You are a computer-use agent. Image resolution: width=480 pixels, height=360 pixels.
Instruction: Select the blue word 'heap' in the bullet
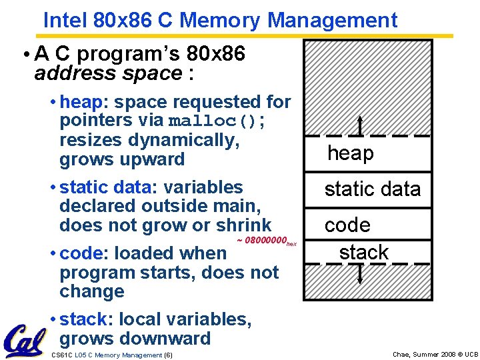coord(83,102)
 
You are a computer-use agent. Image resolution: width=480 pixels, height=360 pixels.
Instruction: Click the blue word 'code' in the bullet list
coord(81,253)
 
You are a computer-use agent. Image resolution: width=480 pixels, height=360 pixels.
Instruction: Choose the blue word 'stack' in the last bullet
coord(83,320)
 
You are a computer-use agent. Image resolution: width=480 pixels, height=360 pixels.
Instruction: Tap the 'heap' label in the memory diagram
coord(351,153)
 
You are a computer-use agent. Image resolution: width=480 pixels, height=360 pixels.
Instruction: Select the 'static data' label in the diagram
coord(373,189)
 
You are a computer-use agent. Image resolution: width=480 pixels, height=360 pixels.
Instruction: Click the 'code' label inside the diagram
coord(347,225)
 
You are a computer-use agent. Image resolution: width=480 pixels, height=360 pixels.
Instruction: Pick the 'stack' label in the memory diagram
coord(363,253)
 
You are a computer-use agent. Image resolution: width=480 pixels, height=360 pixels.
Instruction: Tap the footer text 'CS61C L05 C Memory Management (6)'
coord(112,355)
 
